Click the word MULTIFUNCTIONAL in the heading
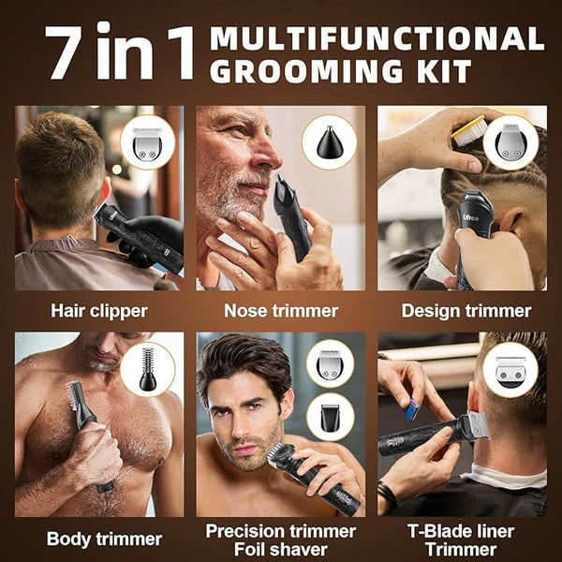pos(377,38)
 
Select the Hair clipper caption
pos(99,311)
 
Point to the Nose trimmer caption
pos(281,311)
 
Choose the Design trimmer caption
pos(466,311)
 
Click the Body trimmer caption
pos(104,539)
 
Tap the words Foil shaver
pos(281,550)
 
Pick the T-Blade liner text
pos(461,531)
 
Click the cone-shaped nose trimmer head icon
pos(330,142)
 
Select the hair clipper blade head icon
pos(147,143)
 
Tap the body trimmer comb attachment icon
pos(148,369)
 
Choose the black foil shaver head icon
pos(330,417)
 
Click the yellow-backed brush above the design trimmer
pos(468,131)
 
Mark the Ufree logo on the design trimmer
pos(470,217)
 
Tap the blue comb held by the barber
pos(412,410)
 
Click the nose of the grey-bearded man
pos(270,155)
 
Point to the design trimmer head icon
pos(510,142)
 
